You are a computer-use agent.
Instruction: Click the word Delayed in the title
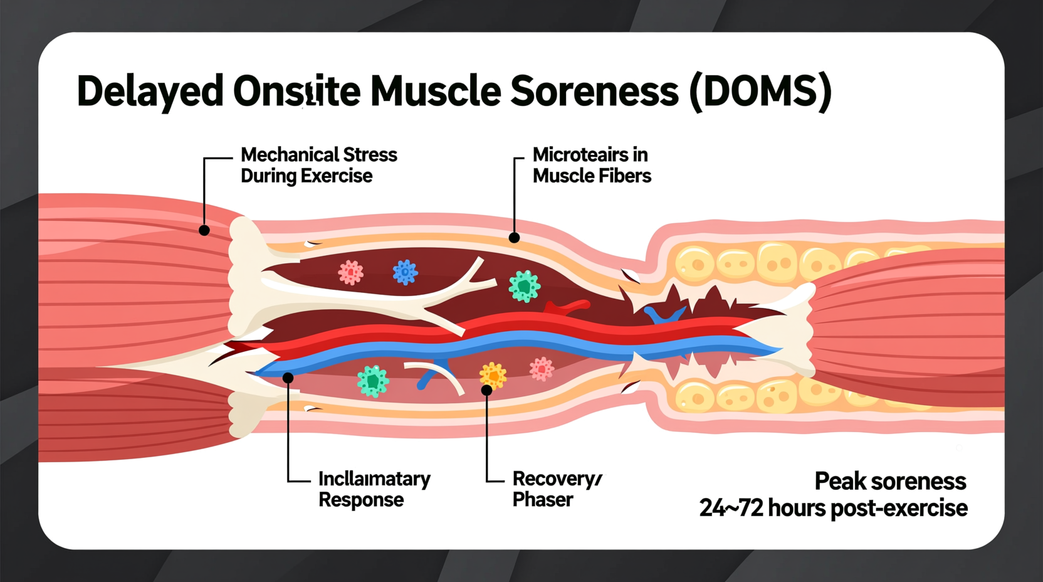(150, 92)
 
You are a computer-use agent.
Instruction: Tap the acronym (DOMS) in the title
(760, 92)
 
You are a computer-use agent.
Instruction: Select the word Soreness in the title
(594, 92)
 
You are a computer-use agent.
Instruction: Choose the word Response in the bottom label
(361, 500)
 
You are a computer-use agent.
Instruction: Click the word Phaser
(543, 500)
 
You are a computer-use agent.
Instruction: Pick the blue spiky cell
(405, 272)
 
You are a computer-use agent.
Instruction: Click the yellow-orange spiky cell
(493, 375)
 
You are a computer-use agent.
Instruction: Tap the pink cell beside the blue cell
(351, 272)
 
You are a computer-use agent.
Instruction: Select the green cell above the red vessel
(524, 286)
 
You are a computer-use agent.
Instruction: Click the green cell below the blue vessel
(373, 381)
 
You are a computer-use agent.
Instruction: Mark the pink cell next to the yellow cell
(542, 369)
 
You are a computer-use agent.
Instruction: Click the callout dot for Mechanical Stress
(204, 231)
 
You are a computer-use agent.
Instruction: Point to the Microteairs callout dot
(514, 238)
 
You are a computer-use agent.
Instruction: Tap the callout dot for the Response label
(288, 378)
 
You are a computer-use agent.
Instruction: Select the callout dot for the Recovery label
(486, 390)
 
